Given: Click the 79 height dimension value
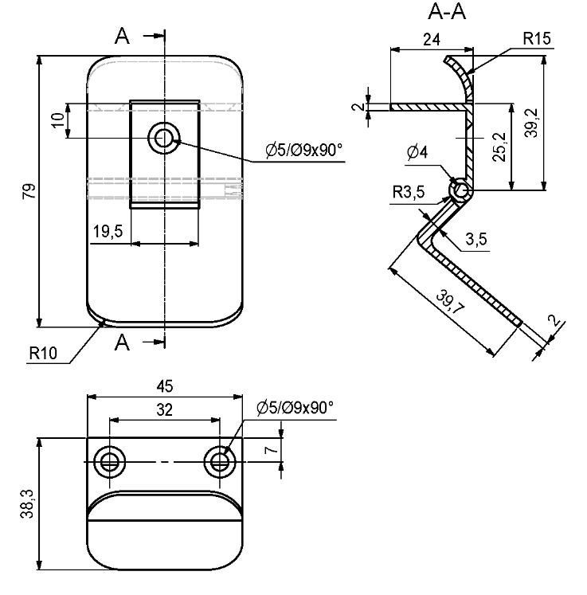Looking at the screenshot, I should [x=29, y=191].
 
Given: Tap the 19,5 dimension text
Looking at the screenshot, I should [x=108, y=232].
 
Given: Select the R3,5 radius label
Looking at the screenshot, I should [x=409, y=191].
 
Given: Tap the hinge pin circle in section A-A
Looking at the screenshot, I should [x=460, y=190].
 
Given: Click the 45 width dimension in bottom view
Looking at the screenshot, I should [x=164, y=386].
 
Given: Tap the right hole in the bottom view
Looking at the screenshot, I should [x=218, y=460].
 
